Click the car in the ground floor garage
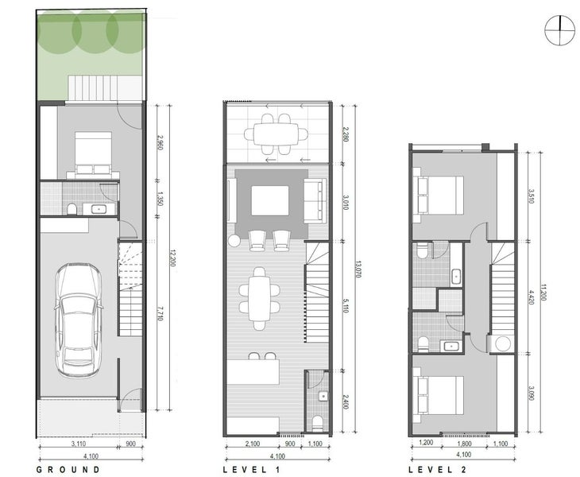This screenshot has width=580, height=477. point(79,320)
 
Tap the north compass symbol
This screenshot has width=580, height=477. point(559,31)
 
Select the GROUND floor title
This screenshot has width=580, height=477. point(68,470)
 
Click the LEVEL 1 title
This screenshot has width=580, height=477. point(252,470)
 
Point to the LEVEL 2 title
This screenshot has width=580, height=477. point(438,470)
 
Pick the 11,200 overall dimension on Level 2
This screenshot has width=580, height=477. point(543,293)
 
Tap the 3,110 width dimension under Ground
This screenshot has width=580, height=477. point(78,444)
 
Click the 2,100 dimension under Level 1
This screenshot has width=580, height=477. point(253,444)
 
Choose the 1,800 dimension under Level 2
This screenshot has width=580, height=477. point(464,443)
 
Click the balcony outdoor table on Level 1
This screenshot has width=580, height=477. point(276,134)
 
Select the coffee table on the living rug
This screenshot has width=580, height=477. point(270,200)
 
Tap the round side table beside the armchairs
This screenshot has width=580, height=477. point(234,241)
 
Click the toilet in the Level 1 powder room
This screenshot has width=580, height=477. point(318,424)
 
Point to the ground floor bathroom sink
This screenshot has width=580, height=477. point(99,209)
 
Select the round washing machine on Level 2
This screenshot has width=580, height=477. point(503,343)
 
